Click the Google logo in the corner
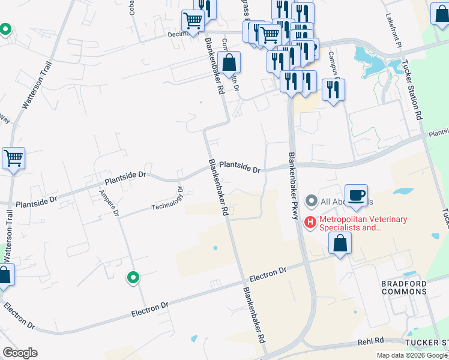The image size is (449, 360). [x=20, y=353]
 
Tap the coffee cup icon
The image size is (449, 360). [x=356, y=195]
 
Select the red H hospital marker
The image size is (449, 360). [x=310, y=223]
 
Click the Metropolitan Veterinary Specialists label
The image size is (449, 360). [x=363, y=223]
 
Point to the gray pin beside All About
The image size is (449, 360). [x=311, y=200]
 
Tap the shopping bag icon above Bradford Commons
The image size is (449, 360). [x=340, y=244]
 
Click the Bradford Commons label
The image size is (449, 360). [x=403, y=287]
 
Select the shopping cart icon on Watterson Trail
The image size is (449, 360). [x=13, y=158]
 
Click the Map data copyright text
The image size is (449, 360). [x=412, y=355]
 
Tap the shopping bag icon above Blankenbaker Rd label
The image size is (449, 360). [x=229, y=62]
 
